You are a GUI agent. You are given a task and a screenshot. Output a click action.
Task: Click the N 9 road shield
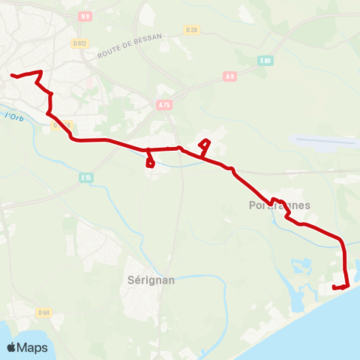coord(87,16)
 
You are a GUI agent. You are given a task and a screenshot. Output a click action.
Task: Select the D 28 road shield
coord(190,30)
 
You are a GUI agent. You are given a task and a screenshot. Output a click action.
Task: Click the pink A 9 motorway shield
coord(230,76)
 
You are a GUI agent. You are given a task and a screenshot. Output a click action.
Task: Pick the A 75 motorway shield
coord(165,106)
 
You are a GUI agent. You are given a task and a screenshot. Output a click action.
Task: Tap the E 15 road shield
coord(85,178)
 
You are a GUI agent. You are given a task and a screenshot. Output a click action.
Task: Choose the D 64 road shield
coord(43,312)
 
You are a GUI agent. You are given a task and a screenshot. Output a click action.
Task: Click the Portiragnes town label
coord(279,205)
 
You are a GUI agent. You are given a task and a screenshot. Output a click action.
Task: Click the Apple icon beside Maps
coord(12,347)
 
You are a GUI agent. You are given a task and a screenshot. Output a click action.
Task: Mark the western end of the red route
coord(11,75)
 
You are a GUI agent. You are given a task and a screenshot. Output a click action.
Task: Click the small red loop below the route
coord(150,161)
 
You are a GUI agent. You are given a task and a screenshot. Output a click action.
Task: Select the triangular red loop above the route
coord(204,145)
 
